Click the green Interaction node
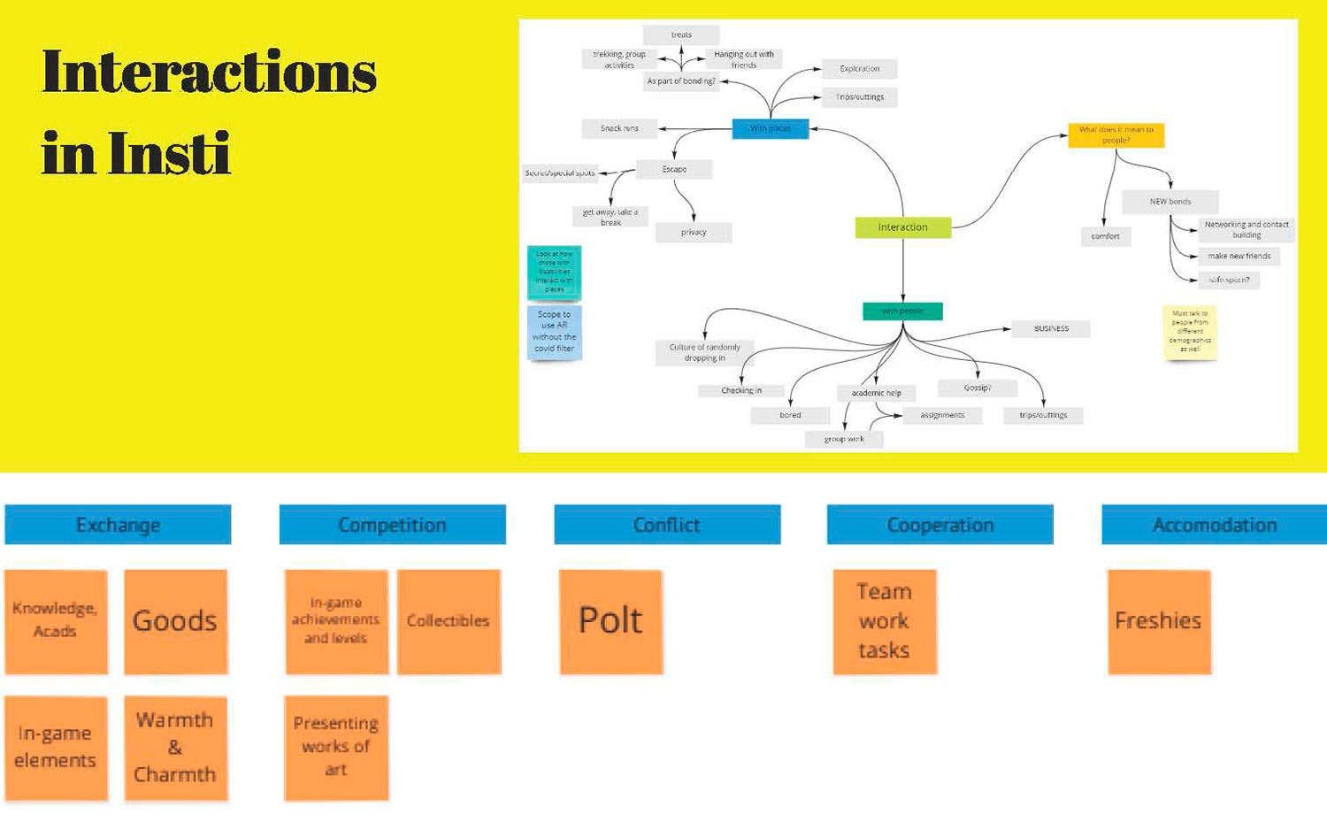(903, 227)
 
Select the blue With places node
(771, 128)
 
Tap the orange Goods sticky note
(175, 621)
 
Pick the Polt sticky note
(610, 621)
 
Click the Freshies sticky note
(1158, 621)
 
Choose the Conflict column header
(667, 525)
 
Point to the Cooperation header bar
(940, 525)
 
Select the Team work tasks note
(884, 621)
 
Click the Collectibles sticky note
(449, 621)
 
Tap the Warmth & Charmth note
(175, 748)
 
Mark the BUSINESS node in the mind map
(1051, 328)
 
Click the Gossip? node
(978, 388)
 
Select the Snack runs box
(619, 128)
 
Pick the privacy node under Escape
(694, 233)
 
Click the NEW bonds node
(1170, 202)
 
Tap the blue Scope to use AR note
(555, 332)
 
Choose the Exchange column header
(118, 525)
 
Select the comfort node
(1105, 236)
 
